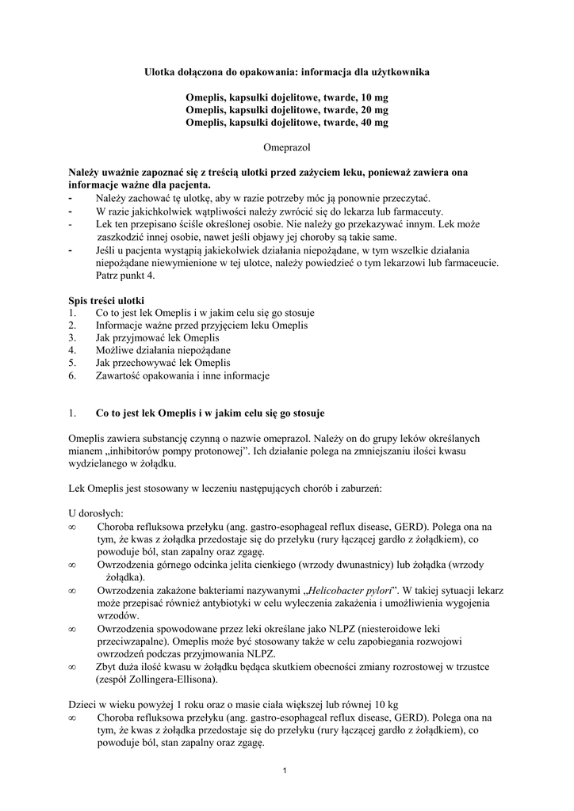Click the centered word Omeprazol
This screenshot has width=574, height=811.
[286, 147]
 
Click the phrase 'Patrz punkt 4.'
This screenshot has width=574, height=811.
[126, 275]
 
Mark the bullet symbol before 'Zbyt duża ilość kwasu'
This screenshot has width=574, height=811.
[72, 666]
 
